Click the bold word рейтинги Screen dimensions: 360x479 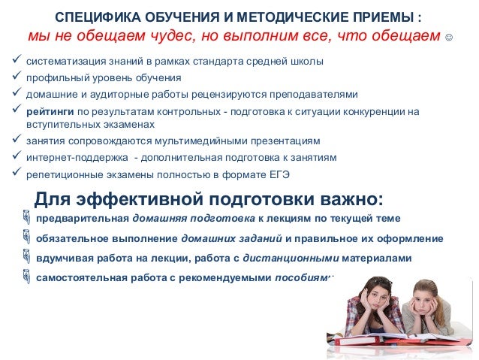pyautogui.click(x=49, y=111)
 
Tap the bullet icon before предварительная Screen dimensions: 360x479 pyautogui.click(x=28, y=219)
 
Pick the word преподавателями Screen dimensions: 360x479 pyautogui.click(x=320, y=95)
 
